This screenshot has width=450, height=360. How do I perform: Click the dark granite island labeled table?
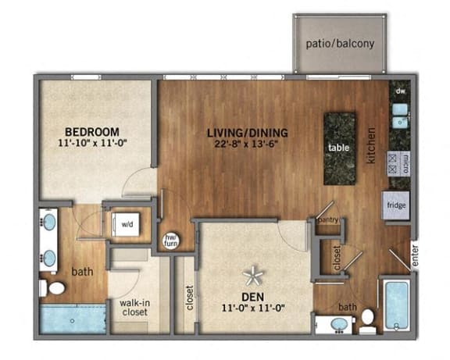[x=339, y=147]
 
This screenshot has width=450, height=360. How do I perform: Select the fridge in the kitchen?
[x=395, y=207]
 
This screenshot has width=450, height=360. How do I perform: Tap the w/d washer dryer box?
[x=127, y=222]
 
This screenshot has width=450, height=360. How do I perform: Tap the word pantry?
[x=329, y=220]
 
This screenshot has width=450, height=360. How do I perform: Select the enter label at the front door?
[x=415, y=255]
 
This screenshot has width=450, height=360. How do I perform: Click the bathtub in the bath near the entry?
[x=397, y=306]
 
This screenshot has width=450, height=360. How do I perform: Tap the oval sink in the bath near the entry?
[x=341, y=323]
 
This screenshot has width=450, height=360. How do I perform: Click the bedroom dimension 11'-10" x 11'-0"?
[x=91, y=143]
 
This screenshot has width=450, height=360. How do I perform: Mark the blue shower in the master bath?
[x=73, y=319]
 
